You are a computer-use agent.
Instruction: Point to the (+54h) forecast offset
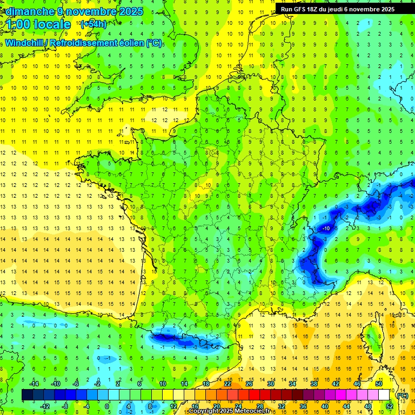(93, 24)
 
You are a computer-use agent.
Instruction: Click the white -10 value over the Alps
(326, 229)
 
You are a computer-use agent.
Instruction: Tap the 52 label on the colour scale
(389, 406)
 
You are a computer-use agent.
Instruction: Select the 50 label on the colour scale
(378, 384)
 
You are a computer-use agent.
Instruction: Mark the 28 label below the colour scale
(259, 406)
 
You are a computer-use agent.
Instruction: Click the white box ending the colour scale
(384, 395)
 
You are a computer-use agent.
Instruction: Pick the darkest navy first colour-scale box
(27, 395)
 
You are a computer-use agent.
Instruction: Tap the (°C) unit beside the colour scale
(402, 395)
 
